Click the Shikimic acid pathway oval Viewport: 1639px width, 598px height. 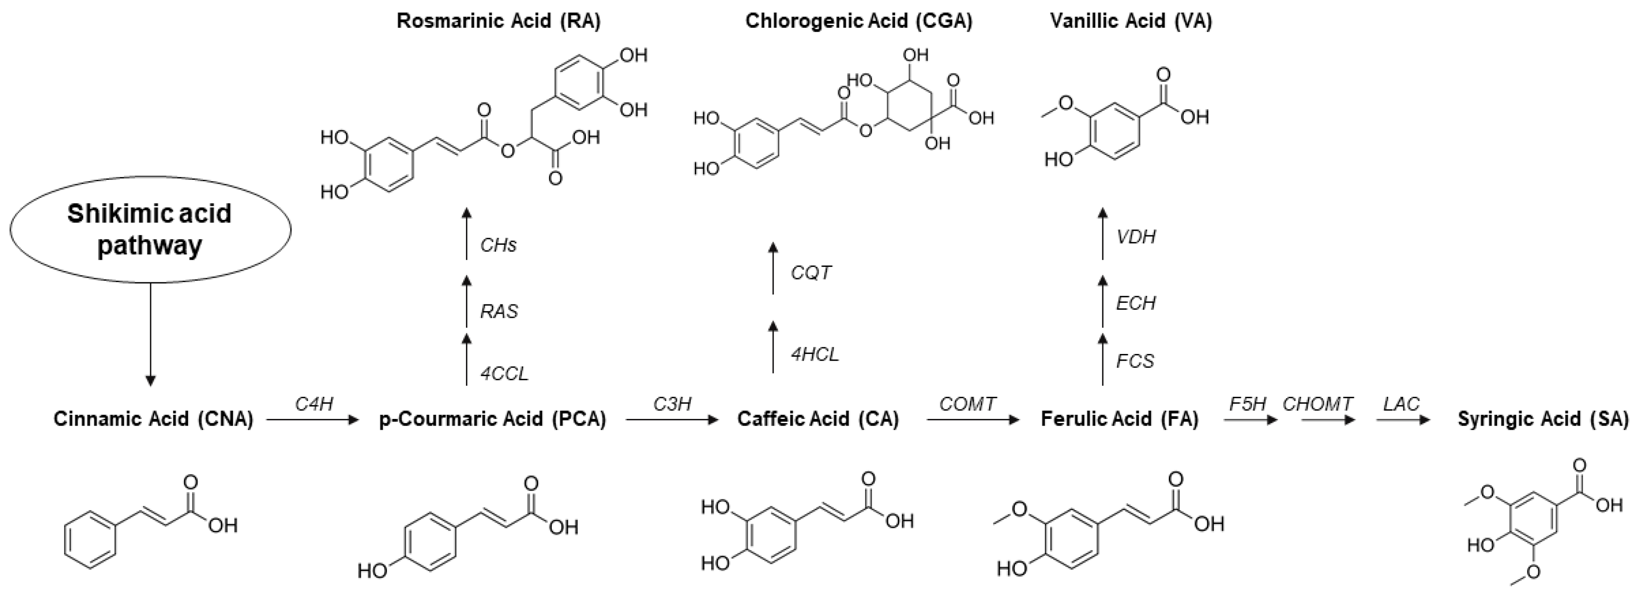click(x=150, y=229)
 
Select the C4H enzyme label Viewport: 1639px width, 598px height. click(x=314, y=404)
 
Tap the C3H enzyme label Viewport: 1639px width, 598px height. click(x=672, y=404)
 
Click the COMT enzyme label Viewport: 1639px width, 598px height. click(x=968, y=404)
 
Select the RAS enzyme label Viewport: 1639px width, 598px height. click(x=499, y=311)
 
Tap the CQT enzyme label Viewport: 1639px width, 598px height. click(x=811, y=273)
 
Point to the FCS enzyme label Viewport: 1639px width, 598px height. click(x=1135, y=361)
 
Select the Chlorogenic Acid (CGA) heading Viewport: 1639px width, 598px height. click(x=859, y=21)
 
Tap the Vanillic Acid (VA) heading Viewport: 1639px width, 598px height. click(x=1131, y=21)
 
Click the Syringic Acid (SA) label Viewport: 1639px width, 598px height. click(x=1543, y=419)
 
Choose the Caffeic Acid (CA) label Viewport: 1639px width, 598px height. click(x=818, y=419)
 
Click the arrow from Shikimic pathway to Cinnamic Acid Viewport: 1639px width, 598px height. click(x=150, y=334)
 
